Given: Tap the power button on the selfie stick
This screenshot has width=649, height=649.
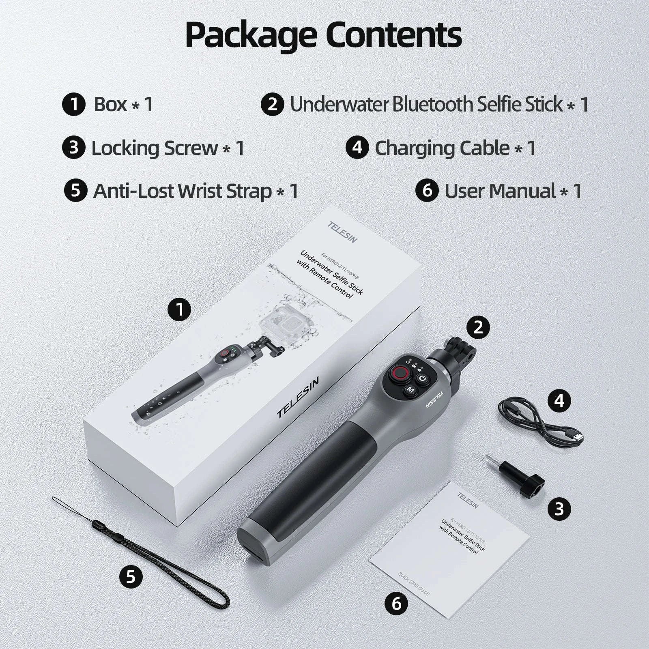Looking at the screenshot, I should pos(423,378).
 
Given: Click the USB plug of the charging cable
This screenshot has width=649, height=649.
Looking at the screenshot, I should pos(576,437).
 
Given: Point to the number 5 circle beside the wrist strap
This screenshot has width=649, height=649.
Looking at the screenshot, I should pos(131,576).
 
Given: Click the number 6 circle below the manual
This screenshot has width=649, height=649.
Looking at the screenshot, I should pos(396,604).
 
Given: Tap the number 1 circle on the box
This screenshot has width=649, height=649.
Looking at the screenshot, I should pos(179,310).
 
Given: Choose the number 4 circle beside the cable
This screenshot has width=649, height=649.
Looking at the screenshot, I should pos(559,401).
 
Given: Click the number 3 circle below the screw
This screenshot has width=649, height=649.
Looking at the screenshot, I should pos(559,509).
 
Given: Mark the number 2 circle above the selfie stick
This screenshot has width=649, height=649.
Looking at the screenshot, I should pos(478,327).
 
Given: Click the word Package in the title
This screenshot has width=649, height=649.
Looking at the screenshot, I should pos(251,36).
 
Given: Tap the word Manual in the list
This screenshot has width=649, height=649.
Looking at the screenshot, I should pos(522,191).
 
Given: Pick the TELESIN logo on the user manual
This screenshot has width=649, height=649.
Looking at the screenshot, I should pos(468,500).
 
